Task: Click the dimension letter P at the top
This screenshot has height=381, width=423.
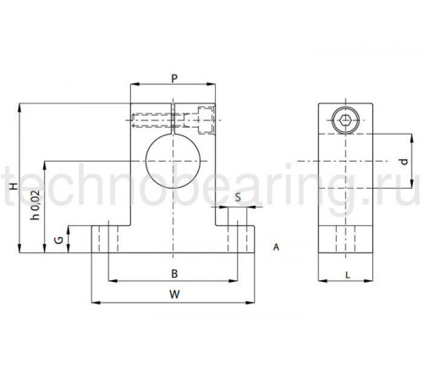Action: (x=174, y=78)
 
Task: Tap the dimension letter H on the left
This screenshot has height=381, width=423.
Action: (x=14, y=186)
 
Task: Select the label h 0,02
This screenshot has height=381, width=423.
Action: (x=36, y=205)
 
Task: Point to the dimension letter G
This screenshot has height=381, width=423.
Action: (x=58, y=240)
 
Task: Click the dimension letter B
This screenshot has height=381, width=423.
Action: (x=174, y=273)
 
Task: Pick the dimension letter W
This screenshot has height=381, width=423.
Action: (x=174, y=295)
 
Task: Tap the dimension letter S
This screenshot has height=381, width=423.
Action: (x=239, y=197)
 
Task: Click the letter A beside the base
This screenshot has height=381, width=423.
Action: (x=276, y=247)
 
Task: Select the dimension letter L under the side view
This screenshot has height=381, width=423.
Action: (x=348, y=275)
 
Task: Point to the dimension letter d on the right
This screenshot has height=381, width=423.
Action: (x=404, y=162)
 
